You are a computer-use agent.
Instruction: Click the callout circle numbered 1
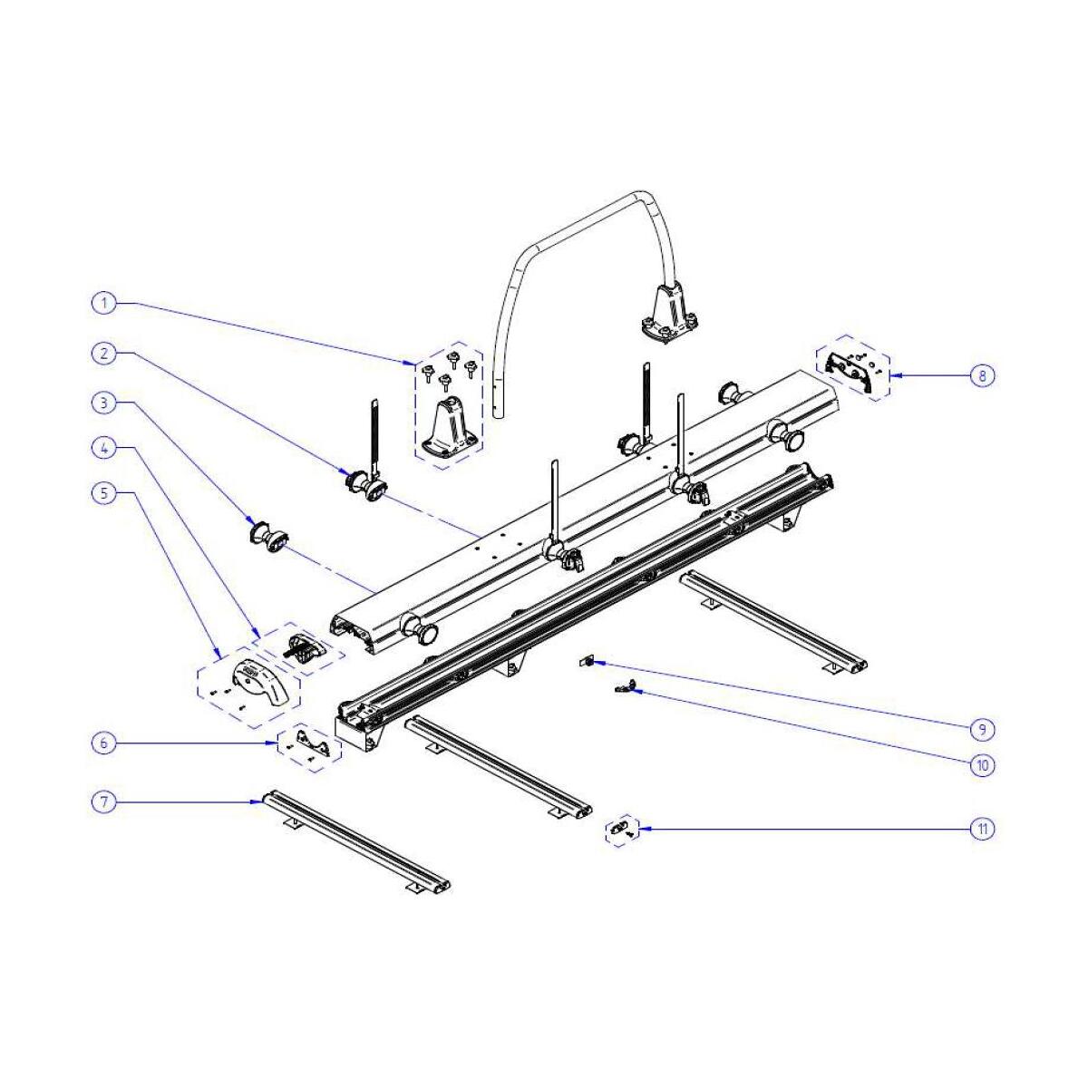click(x=104, y=303)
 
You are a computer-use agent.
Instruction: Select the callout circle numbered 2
click(x=104, y=354)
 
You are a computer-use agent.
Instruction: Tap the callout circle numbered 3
click(x=104, y=403)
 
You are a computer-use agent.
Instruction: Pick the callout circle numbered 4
click(x=104, y=448)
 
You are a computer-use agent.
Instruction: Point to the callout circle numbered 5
click(x=104, y=493)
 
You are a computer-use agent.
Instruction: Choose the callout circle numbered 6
click(x=104, y=743)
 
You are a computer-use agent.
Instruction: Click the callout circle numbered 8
click(x=983, y=375)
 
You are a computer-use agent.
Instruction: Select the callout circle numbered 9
click(x=983, y=730)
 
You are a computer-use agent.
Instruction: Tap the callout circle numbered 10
click(x=983, y=765)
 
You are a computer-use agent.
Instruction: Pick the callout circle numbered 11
click(x=983, y=829)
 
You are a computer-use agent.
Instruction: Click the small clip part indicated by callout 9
click(x=585, y=661)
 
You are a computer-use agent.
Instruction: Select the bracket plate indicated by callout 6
click(x=312, y=743)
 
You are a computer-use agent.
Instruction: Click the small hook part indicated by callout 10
click(x=623, y=686)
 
